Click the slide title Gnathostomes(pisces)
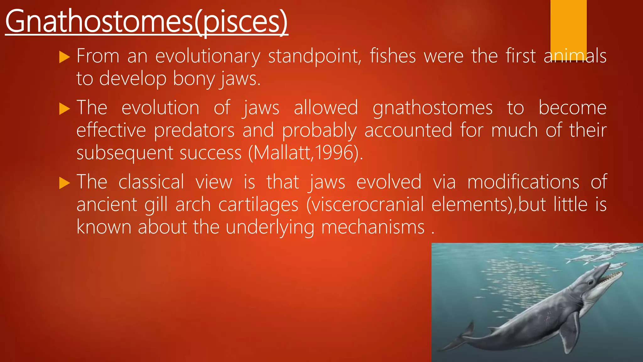[x=146, y=21]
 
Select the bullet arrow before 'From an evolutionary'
[x=64, y=57]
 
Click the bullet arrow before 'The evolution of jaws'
[x=64, y=109]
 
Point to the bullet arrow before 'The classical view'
[x=64, y=183]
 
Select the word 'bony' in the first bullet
[x=192, y=79]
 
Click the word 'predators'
[x=194, y=130]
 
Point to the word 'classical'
[x=151, y=182]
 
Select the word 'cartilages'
[x=258, y=205]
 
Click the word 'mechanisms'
[x=373, y=227]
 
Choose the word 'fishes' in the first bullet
[x=393, y=57]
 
